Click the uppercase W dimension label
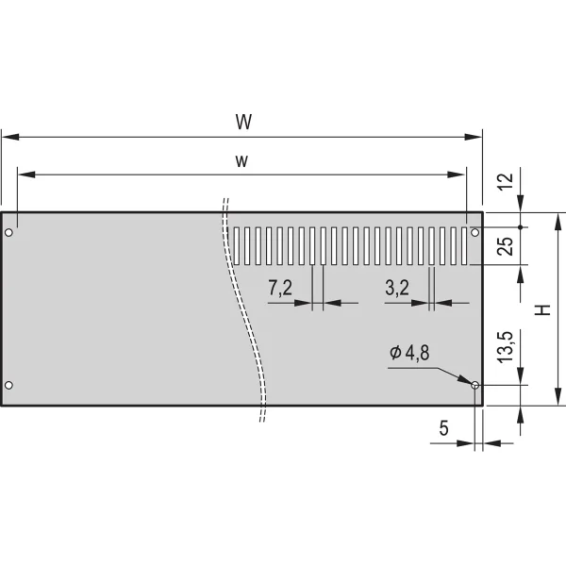tap(243, 122)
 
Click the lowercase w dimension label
tap(241, 161)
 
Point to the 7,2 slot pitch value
tap(280, 288)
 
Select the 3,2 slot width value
tap(397, 288)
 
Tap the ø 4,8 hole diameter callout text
tap(409, 353)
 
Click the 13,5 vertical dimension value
tap(506, 347)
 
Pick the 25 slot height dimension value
tap(506, 246)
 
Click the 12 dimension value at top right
tap(506, 181)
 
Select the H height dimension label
tap(542, 309)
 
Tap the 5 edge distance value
tap(444, 428)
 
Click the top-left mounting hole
tap(9, 232)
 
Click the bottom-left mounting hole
tap(9, 385)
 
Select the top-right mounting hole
tap(475, 232)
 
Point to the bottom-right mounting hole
tap(475, 385)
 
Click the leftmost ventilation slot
tap(237, 246)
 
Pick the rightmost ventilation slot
tap(464, 246)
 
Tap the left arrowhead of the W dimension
tap(10, 137)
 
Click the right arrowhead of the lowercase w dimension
tap(457, 175)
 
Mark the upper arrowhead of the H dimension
tap(558, 222)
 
